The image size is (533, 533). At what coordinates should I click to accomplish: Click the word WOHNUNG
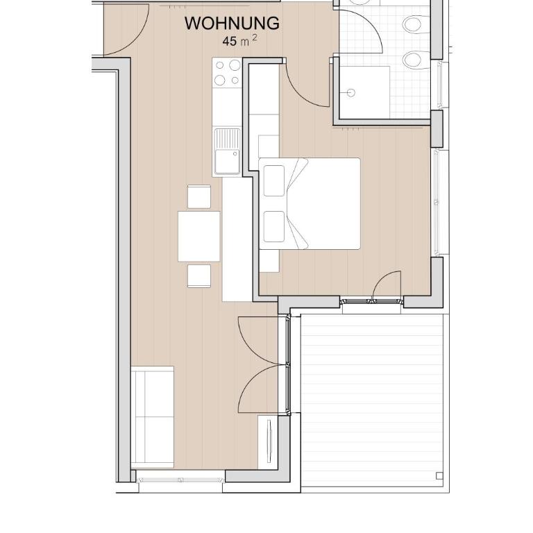click(x=232, y=24)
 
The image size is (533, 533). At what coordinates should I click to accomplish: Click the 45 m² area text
click(x=239, y=41)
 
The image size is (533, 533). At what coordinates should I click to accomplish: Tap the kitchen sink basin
click(x=227, y=161)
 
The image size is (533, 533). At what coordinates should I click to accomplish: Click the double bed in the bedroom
click(x=310, y=203)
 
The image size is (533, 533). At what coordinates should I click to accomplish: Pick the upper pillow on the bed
click(x=274, y=181)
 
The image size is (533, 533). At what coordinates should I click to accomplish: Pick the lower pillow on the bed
click(x=274, y=226)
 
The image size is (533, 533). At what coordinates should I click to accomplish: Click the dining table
click(x=199, y=236)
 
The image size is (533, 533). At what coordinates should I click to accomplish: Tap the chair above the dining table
click(x=199, y=196)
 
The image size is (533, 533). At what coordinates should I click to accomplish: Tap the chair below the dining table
click(x=199, y=276)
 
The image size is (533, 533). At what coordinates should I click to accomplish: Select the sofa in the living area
click(x=152, y=417)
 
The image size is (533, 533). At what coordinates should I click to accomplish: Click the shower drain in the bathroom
click(x=350, y=92)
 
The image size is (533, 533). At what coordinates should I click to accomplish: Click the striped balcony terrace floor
click(x=373, y=400)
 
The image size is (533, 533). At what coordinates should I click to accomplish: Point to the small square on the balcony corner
click(x=439, y=475)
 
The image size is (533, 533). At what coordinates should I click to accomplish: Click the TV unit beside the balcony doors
click(x=268, y=441)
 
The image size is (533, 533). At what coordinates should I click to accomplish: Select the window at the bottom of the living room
click(x=180, y=480)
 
